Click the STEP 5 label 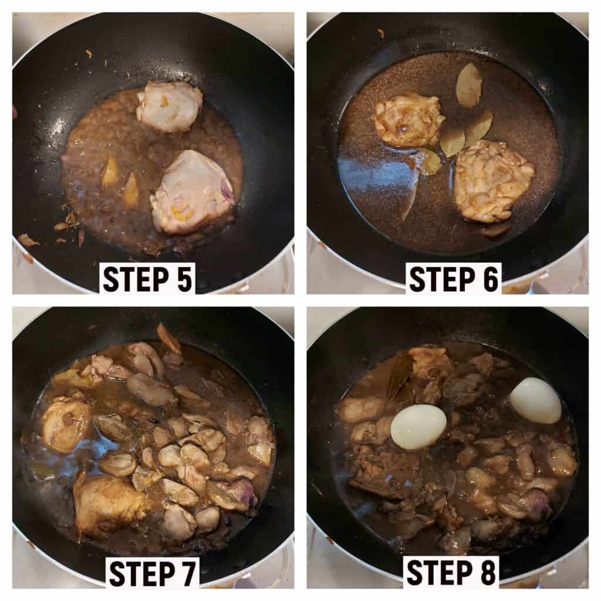[x=147, y=279]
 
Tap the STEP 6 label [x=454, y=279]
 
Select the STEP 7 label [x=152, y=573]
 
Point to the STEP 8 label [x=452, y=573]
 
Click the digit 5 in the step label [x=184, y=279]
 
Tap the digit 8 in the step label [x=488, y=573]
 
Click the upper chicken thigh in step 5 [x=170, y=107]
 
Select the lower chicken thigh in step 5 [x=192, y=193]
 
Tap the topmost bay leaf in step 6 [x=469, y=85]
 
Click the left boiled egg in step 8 [x=418, y=427]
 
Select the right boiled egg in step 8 [x=535, y=400]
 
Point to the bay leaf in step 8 [x=399, y=374]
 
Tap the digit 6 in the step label [x=490, y=279]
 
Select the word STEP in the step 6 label [x=442, y=279]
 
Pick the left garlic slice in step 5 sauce [x=110, y=171]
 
